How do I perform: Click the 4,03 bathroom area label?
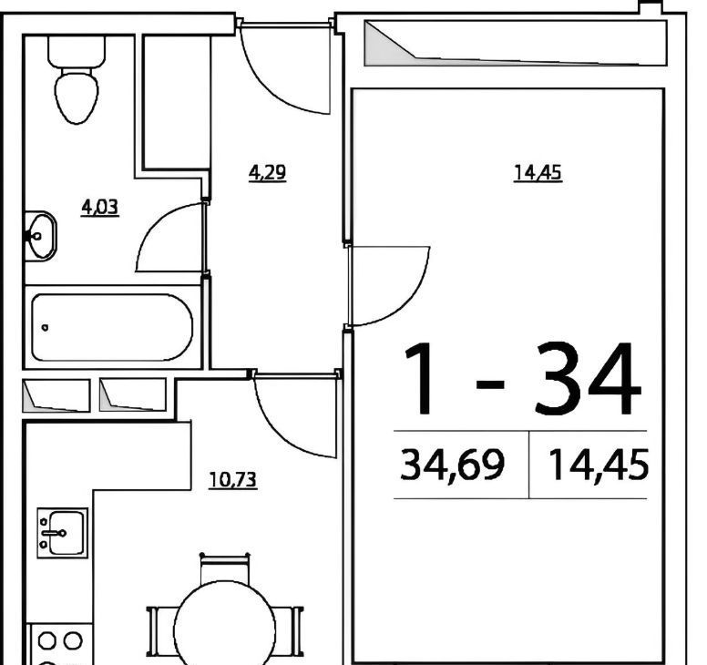[100, 208]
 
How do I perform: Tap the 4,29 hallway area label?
[267, 173]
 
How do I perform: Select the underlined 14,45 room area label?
[538, 173]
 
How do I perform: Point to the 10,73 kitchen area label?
[233, 480]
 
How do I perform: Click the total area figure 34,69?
[452, 465]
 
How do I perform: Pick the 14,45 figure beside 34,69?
[599, 465]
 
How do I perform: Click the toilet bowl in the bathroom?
[77, 96]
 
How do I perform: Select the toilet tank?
[77, 51]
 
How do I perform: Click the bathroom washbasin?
[41, 236]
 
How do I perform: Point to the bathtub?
[112, 327]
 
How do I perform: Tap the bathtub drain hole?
[45, 328]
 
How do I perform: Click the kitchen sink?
[63, 533]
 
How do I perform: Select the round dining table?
[224, 627]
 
